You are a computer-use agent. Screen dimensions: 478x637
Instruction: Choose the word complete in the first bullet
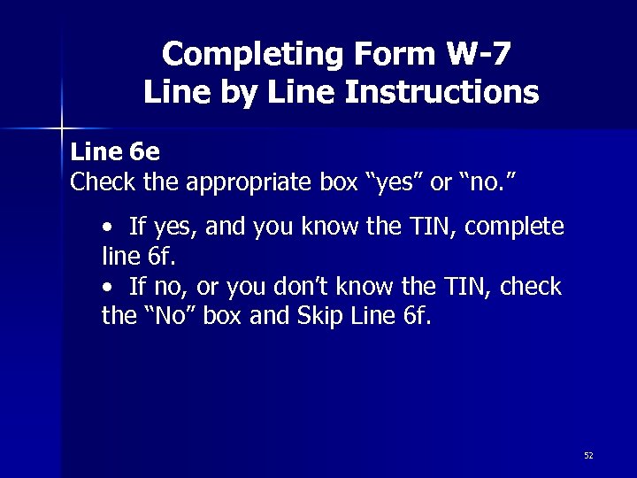[x=514, y=227]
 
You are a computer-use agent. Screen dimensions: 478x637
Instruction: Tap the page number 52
[x=588, y=455]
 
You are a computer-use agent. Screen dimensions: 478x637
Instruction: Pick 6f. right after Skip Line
[x=411, y=316]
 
